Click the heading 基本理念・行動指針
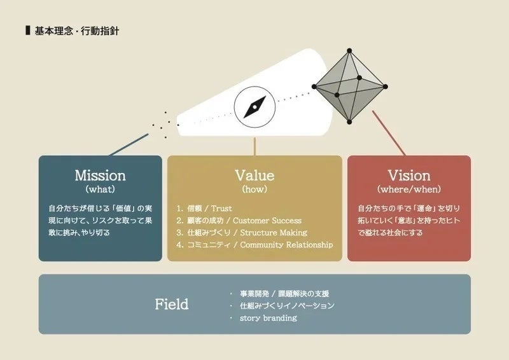tap(76, 31)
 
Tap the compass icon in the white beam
tap(254, 106)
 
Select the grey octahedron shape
tap(350, 86)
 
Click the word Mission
tap(100, 175)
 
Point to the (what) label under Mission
tap(100, 189)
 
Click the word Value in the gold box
tap(254, 175)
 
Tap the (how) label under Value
tap(254, 189)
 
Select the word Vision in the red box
tap(409, 175)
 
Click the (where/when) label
tap(409, 189)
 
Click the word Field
tap(172, 304)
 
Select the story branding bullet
tap(268, 317)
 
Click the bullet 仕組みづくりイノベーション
tap(286, 305)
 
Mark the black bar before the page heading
tap(27, 31)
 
